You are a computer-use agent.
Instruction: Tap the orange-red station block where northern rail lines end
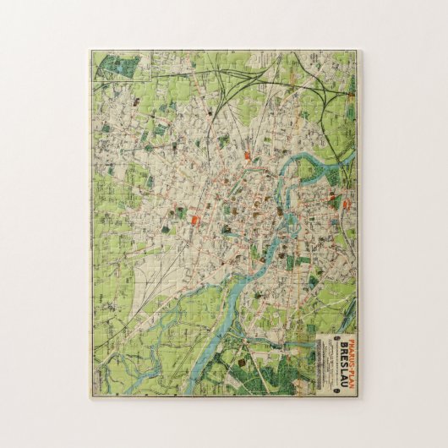click(x=247, y=156)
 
